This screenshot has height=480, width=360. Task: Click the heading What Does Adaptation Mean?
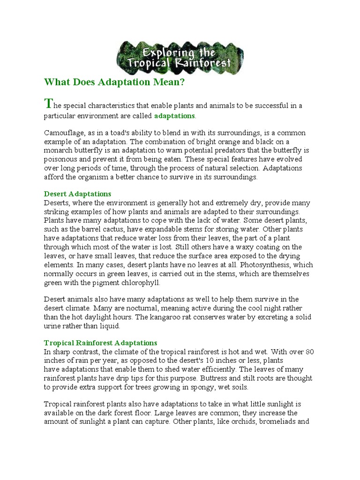click(115, 82)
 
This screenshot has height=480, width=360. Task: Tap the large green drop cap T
click(47, 103)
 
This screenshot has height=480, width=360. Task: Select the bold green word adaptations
click(174, 115)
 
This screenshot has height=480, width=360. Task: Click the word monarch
click(58, 150)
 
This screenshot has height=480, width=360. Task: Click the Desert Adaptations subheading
click(77, 194)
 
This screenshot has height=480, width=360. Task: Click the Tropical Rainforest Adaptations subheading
click(100, 343)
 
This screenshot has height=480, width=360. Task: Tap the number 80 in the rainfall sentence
click(310, 352)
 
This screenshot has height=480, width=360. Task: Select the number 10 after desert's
click(214, 360)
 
